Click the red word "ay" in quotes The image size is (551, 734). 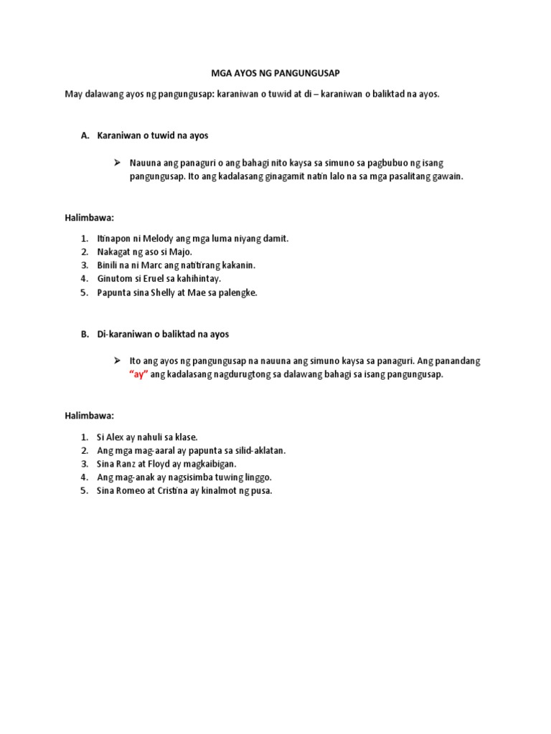(138, 375)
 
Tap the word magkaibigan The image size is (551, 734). (213, 464)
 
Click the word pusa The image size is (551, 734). (260, 491)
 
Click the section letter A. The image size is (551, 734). (85, 135)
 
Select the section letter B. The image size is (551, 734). (85, 334)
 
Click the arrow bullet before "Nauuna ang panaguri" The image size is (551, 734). (116, 163)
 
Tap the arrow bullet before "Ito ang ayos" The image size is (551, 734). (116, 361)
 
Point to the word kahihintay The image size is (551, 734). (196, 279)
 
